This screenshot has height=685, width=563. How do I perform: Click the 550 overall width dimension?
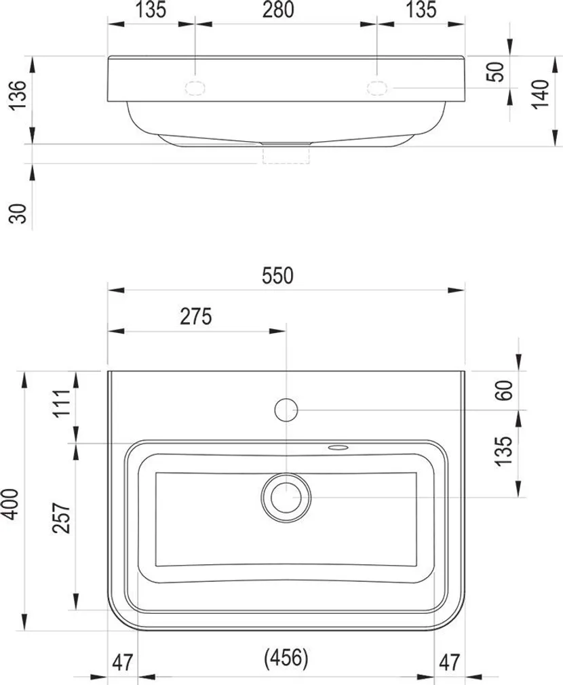click(x=279, y=276)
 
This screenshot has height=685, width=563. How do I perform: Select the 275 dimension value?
click(x=197, y=316)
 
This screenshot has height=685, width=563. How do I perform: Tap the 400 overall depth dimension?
click(x=9, y=503)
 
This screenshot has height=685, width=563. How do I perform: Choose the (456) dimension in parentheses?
click(x=286, y=657)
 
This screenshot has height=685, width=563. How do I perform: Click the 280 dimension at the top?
click(x=279, y=10)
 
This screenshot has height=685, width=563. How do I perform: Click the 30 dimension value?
click(x=20, y=214)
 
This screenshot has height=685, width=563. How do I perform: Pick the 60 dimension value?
click(x=503, y=389)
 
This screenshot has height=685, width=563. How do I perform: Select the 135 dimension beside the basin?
click(x=503, y=452)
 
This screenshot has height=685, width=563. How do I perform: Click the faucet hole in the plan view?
click(x=286, y=409)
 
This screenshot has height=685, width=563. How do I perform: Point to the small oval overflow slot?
click(x=337, y=448)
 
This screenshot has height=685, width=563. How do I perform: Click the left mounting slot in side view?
click(x=195, y=87)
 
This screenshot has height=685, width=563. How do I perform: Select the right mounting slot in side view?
click(x=376, y=87)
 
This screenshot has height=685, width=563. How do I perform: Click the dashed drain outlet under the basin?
click(x=286, y=155)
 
